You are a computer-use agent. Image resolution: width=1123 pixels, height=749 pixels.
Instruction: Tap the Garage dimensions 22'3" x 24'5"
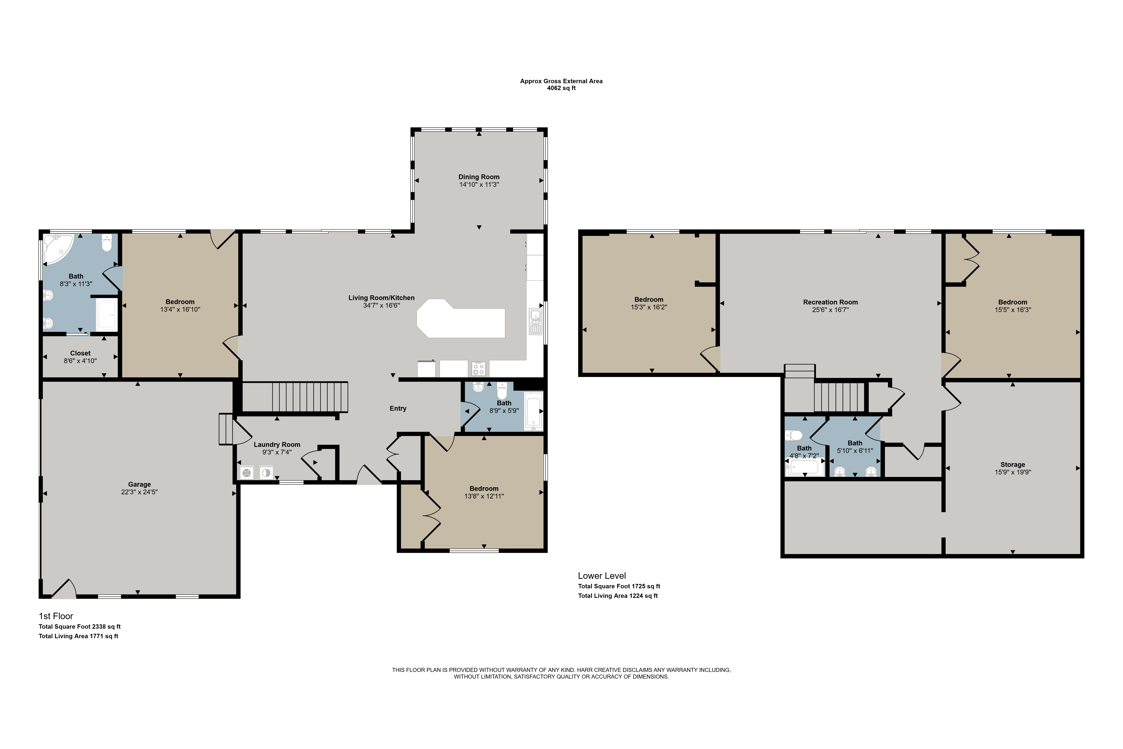(x=139, y=492)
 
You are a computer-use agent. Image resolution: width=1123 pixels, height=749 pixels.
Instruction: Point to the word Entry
(x=398, y=408)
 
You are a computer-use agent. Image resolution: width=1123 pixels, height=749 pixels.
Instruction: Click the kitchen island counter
(x=461, y=319)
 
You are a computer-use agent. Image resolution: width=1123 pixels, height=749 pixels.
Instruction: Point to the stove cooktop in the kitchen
(x=479, y=368)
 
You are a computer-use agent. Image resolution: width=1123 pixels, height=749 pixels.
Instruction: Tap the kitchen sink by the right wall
(x=536, y=322)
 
